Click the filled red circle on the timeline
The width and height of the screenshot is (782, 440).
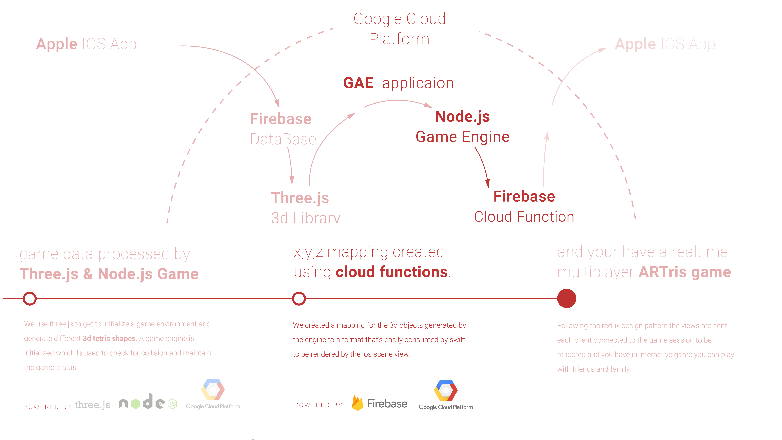point(566,299)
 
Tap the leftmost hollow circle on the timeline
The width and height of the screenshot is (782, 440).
point(30,299)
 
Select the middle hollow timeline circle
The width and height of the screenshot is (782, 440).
point(299,299)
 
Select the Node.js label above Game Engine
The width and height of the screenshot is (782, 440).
point(462,117)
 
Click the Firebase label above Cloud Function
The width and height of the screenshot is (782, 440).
point(524,196)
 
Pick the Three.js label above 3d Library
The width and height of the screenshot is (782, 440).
point(300,198)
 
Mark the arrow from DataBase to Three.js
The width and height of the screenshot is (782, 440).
point(291,166)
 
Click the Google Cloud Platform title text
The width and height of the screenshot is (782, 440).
point(400,29)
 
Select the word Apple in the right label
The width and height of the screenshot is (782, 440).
point(635,44)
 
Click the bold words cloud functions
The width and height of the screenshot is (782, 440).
point(392,272)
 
